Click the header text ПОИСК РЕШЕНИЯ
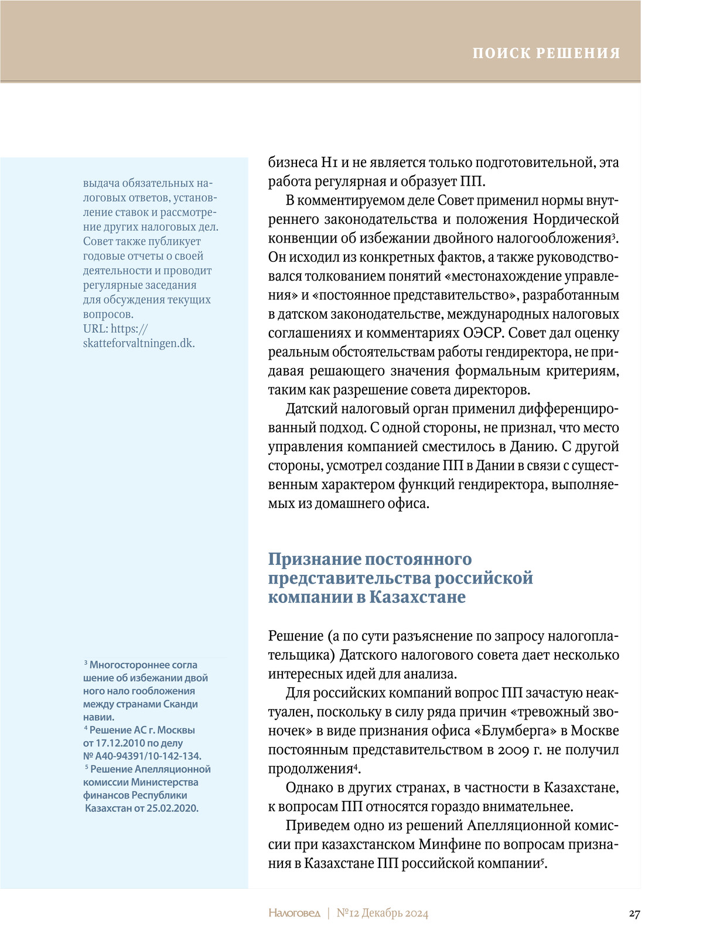coord(546,53)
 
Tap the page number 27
coord(634,913)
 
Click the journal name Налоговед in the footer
coord(295,913)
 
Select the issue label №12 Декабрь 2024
coord(383,913)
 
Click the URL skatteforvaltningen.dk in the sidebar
coord(139,343)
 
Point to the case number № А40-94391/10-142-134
coord(142,756)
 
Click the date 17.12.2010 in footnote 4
coord(122,743)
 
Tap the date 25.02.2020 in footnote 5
coord(172,808)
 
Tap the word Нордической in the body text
coord(576,219)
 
